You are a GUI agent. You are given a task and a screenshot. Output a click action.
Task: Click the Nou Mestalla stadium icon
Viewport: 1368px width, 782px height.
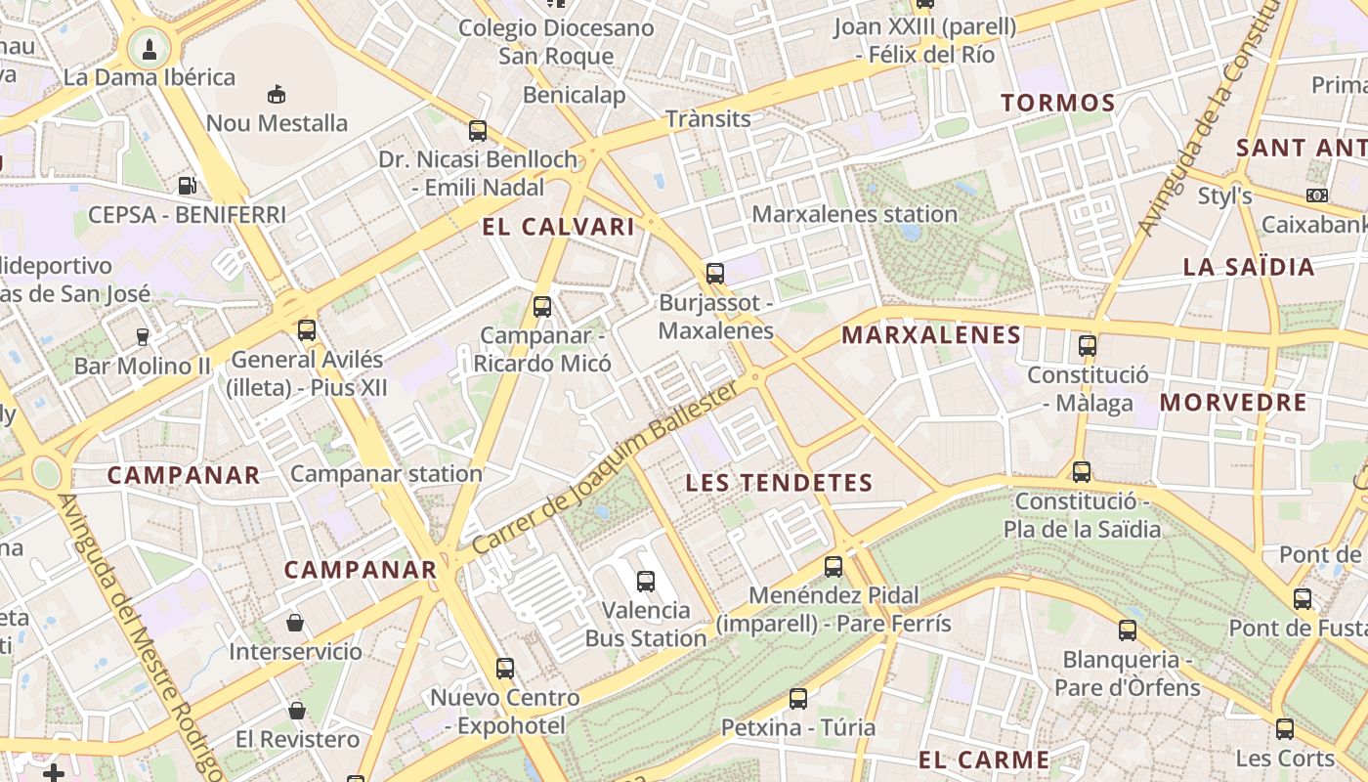pyautogui.click(x=277, y=94)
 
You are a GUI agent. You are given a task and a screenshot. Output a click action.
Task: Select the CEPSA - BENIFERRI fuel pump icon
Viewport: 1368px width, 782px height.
pyautogui.click(x=187, y=185)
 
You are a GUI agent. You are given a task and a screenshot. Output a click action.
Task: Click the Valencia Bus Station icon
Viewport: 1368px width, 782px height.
pyautogui.click(x=645, y=581)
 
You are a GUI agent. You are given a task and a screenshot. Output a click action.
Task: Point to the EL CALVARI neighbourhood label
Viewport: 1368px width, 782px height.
pyautogui.click(x=558, y=227)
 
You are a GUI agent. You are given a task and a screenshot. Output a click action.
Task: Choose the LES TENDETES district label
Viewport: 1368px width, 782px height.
pyautogui.click(x=778, y=482)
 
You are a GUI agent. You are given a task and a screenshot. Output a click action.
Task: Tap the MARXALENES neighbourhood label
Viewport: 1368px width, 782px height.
pyautogui.click(x=930, y=335)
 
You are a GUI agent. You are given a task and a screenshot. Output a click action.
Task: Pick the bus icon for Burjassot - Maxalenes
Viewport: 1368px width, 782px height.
pyautogui.click(x=715, y=273)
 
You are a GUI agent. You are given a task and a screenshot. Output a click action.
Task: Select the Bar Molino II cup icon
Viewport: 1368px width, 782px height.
pyautogui.click(x=143, y=336)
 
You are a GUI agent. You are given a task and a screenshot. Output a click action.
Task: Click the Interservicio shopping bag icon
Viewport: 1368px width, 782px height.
pyautogui.click(x=295, y=622)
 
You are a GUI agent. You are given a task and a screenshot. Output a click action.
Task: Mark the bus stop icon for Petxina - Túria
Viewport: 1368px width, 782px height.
pyautogui.click(x=798, y=698)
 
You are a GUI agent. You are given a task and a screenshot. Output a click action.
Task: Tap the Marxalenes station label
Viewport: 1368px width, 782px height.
pyautogui.click(x=854, y=213)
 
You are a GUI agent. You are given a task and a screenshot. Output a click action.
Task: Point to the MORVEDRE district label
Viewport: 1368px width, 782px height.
pyautogui.click(x=1233, y=402)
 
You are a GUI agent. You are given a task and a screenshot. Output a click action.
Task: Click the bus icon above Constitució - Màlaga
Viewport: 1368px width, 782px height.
pyautogui.click(x=1087, y=345)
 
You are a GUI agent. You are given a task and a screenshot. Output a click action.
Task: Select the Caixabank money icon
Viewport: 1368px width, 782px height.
pyautogui.click(x=1316, y=195)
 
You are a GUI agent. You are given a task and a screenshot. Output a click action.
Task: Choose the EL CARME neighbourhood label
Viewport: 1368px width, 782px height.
pyautogui.click(x=983, y=760)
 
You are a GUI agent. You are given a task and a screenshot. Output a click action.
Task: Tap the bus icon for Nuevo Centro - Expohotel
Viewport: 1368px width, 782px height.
pyautogui.click(x=504, y=669)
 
